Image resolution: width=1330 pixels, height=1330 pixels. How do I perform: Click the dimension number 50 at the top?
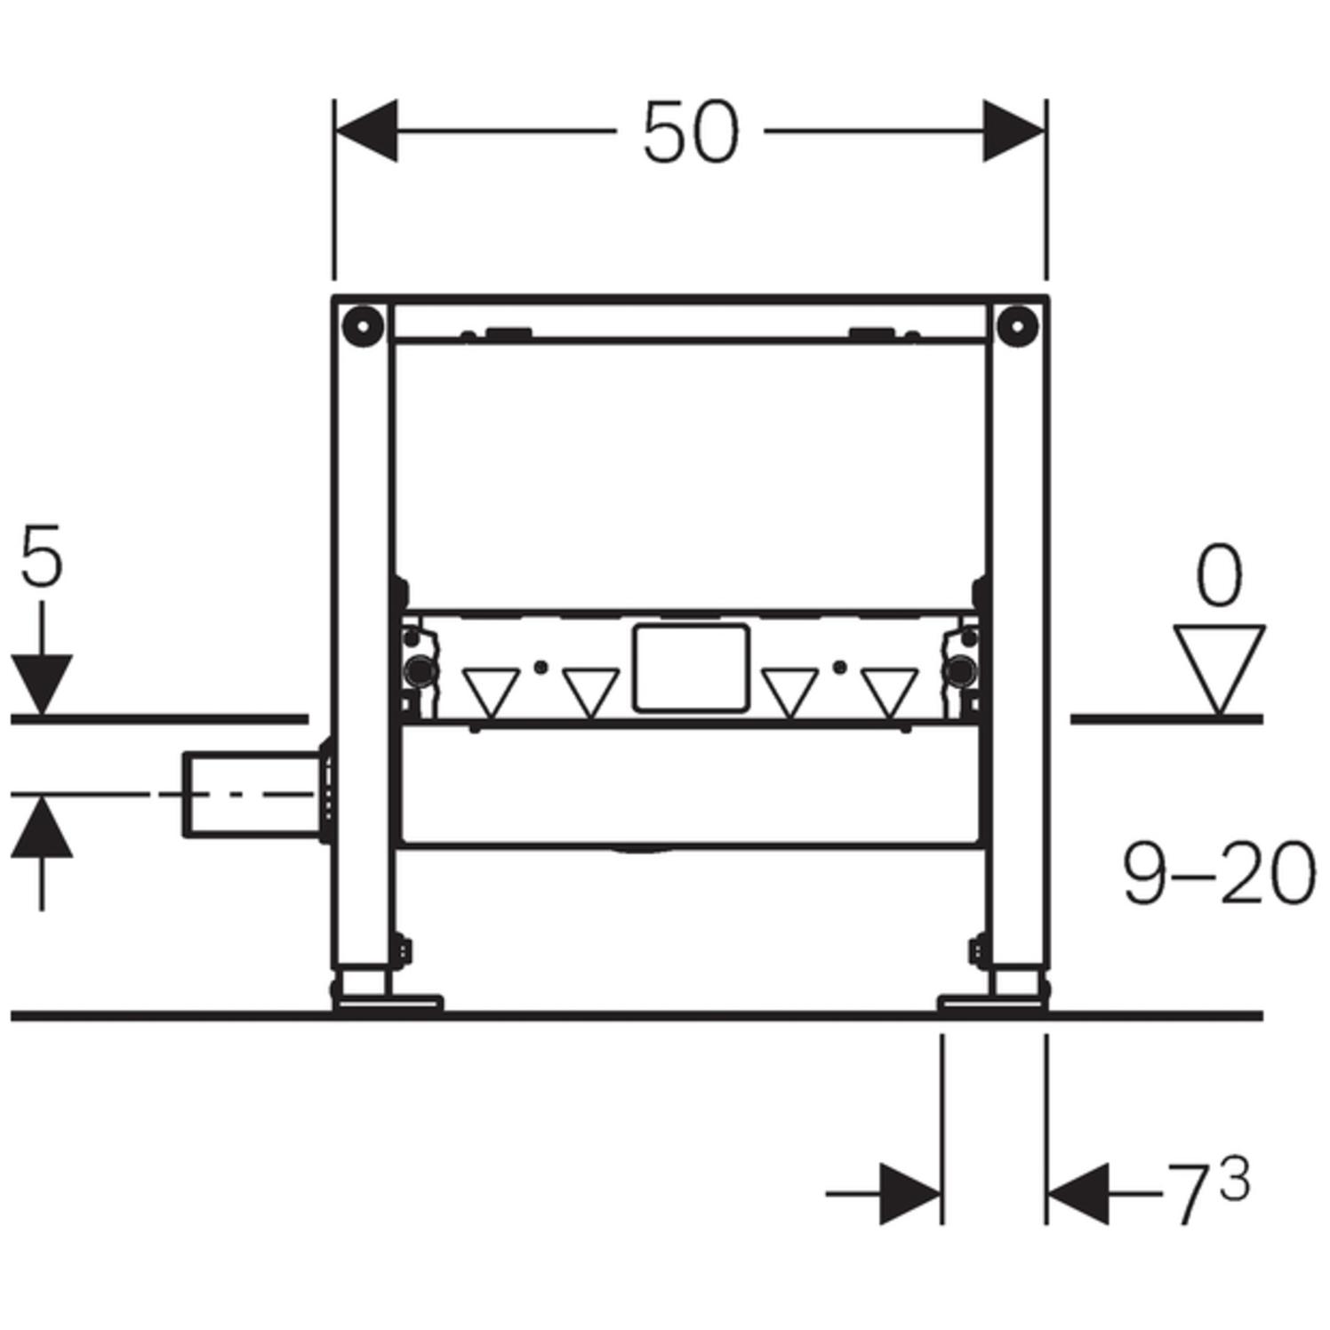[690, 132]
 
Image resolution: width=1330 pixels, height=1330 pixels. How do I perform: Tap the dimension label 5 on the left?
[42, 557]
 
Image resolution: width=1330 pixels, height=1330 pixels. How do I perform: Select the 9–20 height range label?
[1217, 875]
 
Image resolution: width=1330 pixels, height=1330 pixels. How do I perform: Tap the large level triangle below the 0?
[1218, 662]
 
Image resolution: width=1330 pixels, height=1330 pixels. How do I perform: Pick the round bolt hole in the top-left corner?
[362, 325]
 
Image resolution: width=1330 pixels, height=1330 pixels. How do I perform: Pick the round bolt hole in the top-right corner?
[1017, 325]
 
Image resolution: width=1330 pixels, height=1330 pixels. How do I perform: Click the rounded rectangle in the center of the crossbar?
[690, 669]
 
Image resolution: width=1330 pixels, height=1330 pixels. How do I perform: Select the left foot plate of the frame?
[388, 1003]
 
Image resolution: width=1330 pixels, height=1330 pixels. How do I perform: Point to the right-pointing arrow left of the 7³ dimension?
[909, 1193]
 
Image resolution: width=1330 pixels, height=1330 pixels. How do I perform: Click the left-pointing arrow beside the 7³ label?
[1078, 1193]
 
